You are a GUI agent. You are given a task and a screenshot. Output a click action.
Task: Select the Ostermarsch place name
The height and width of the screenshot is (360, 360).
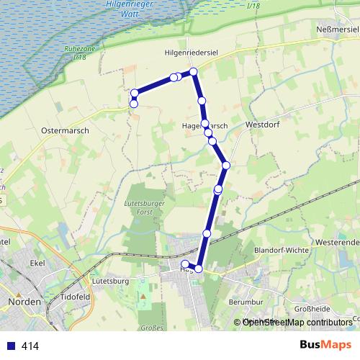point(64,131)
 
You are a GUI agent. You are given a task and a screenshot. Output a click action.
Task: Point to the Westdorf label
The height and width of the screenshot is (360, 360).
point(261,124)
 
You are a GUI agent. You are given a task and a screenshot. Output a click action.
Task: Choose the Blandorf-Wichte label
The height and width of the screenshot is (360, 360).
point(282,250)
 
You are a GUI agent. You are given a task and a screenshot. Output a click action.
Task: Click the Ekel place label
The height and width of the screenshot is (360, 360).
point(37,264)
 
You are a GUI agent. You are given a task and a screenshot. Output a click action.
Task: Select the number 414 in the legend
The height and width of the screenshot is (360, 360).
point(30,346)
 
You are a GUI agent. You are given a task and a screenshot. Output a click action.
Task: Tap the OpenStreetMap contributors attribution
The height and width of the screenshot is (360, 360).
point(297,323)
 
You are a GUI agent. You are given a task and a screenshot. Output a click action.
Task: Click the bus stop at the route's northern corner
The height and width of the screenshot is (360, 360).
point(194,72)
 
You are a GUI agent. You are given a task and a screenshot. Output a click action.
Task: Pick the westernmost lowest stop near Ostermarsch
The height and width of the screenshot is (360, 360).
point(134,104)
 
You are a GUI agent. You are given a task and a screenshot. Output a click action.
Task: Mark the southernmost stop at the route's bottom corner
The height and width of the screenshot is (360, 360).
point(199,269)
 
